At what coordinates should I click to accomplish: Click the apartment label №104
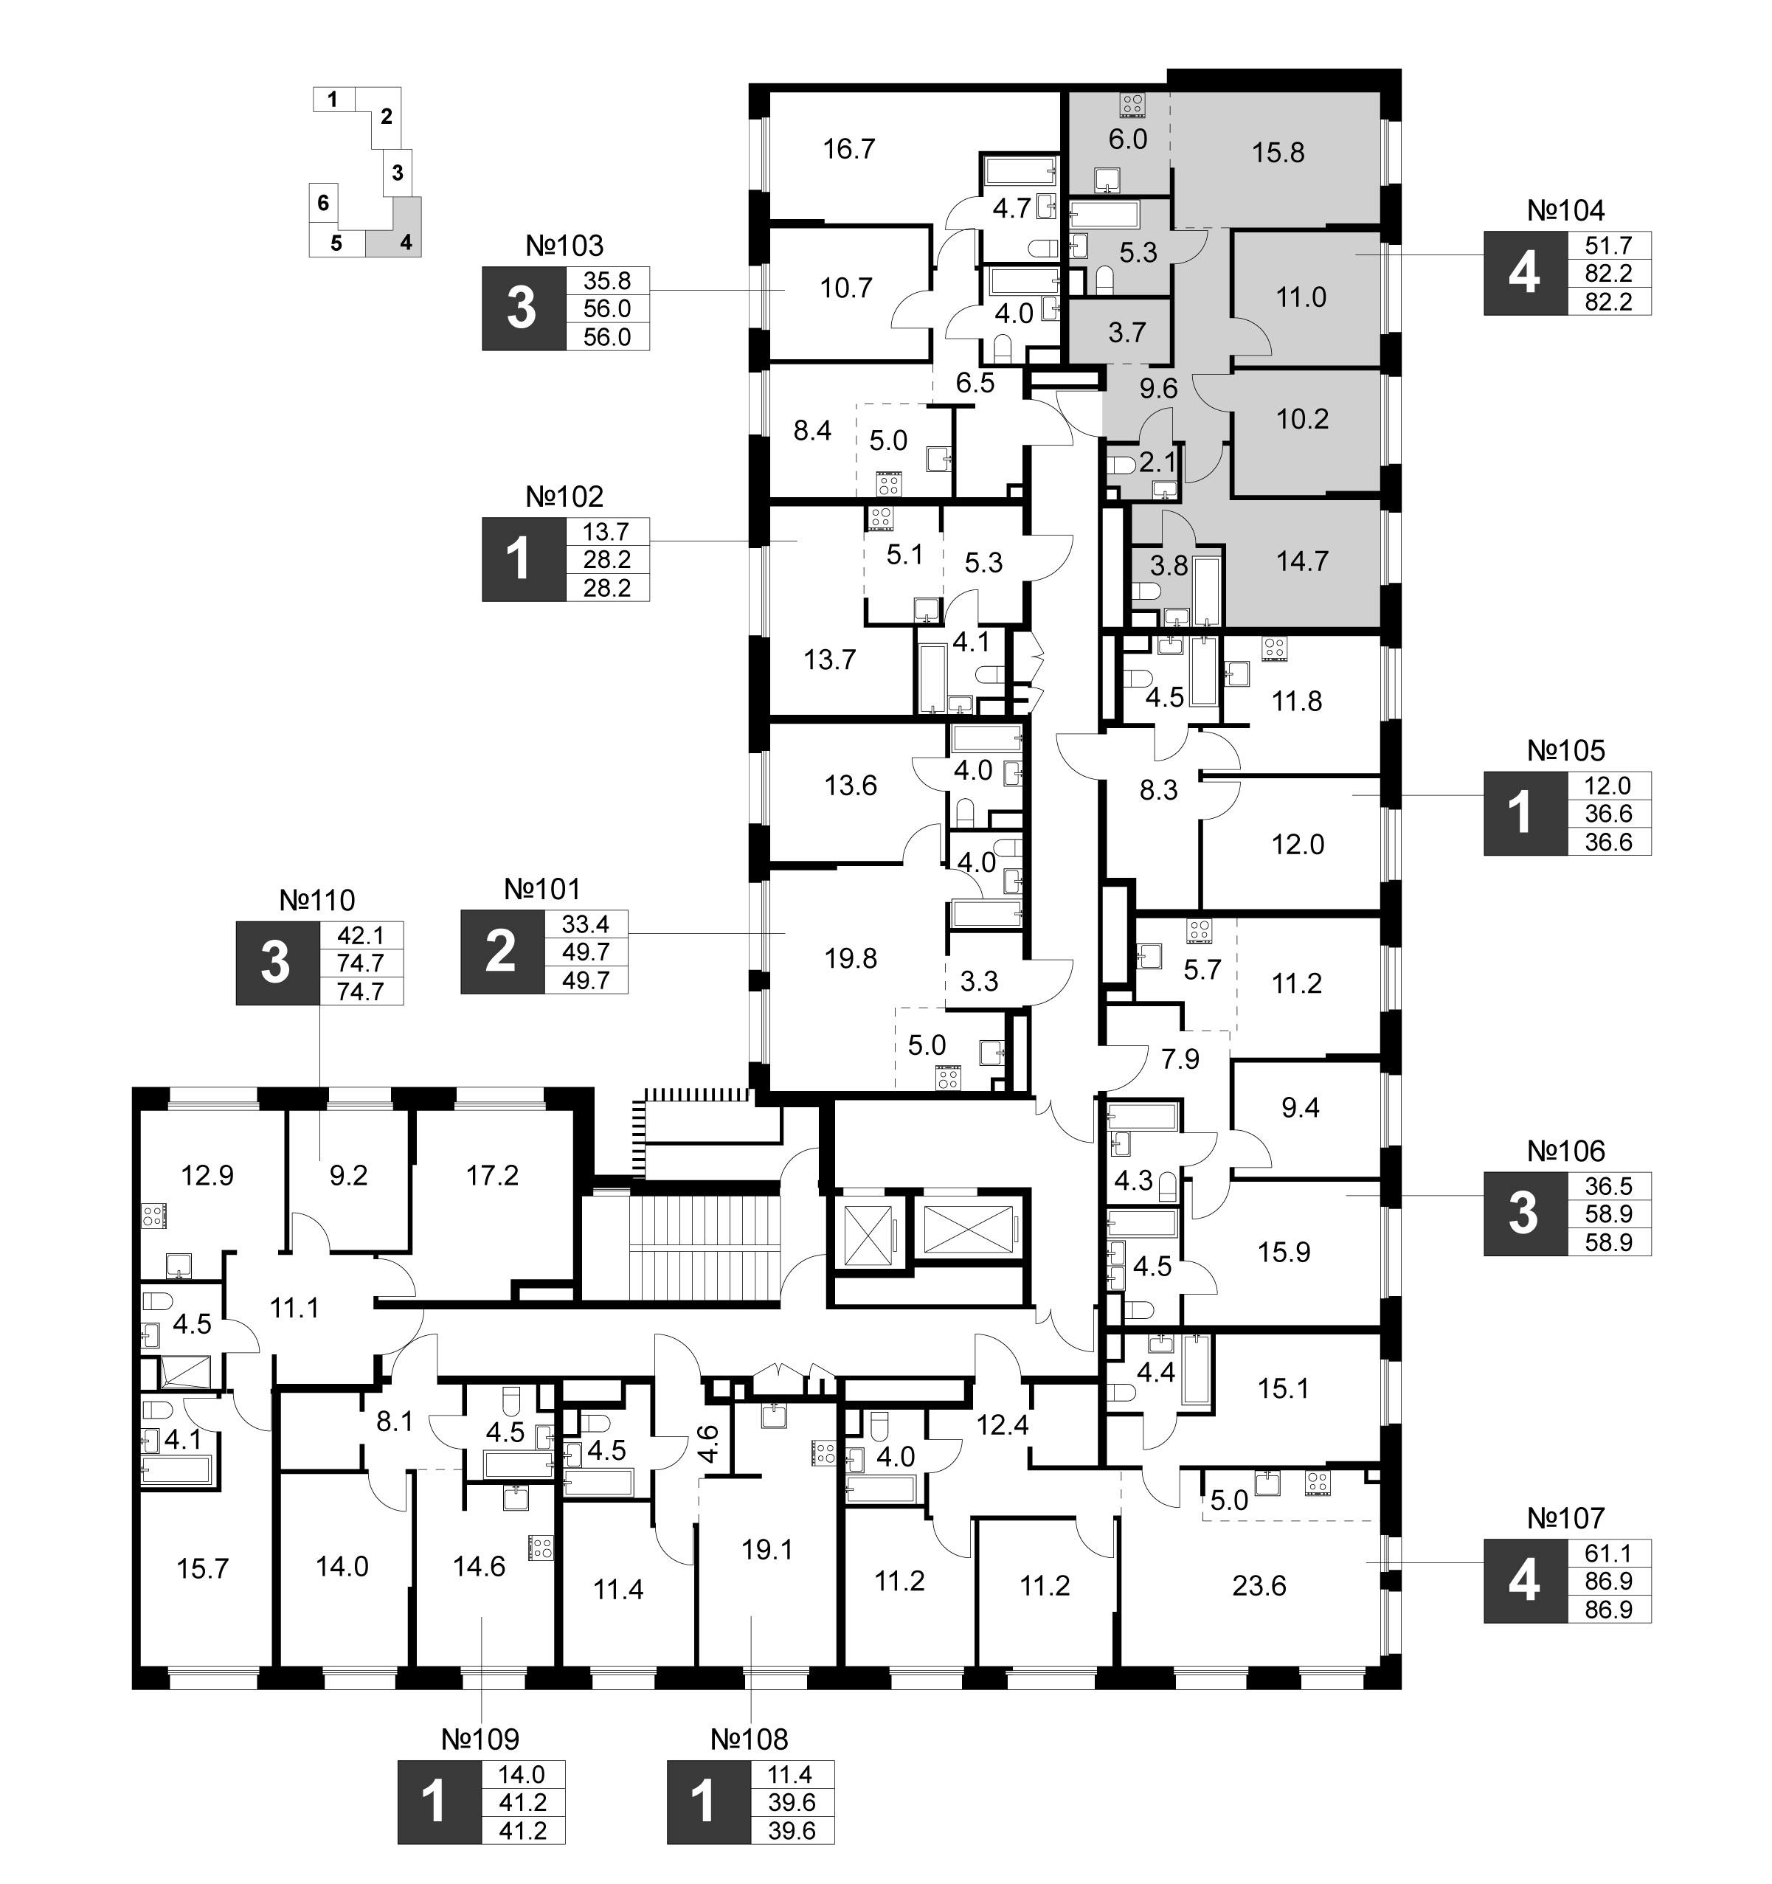tap(1566, 210)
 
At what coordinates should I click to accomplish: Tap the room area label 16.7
tap(849, 149)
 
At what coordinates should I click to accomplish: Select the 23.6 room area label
tap(1259, 1585)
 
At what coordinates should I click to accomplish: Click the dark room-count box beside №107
tap(1525, 1582)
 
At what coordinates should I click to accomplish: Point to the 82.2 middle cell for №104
tap(1608, 274)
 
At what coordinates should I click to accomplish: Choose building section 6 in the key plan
tap(323, 203)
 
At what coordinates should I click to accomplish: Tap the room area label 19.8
tap(851, 958)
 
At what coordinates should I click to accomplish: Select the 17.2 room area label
tap(493, 1175)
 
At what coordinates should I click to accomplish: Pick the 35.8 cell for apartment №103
tap(607, 280)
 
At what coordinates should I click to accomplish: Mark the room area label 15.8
tap(1278, 153)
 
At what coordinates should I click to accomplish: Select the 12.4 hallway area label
tap(1003, 1424)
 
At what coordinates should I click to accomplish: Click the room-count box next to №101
tap(502, 952)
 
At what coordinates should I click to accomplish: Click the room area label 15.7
tap(203, 1568)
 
